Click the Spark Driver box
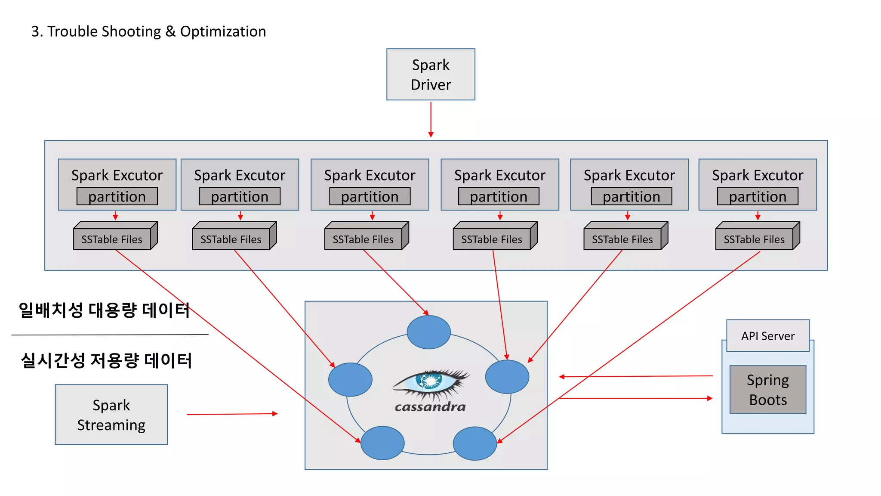(x=431, y=74)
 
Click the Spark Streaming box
(x=111, y=415)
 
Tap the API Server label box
(x=767, y=336)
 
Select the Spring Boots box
(x=768, y=390)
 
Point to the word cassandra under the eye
(x=430, y=407)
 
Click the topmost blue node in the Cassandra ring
(x=428, y=332)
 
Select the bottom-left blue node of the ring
(x=382, y=443)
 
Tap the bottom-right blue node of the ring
(x=475, y=443)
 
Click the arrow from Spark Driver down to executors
(x=431, y=119)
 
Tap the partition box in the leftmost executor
(x=117, y=197)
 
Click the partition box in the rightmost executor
(x=758, y=197)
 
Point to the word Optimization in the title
(x=223, y=31)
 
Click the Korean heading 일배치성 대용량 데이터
(x=104, y=310)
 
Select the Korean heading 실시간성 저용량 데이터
(x=106, y=360)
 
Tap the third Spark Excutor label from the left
(x=370, y=175)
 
